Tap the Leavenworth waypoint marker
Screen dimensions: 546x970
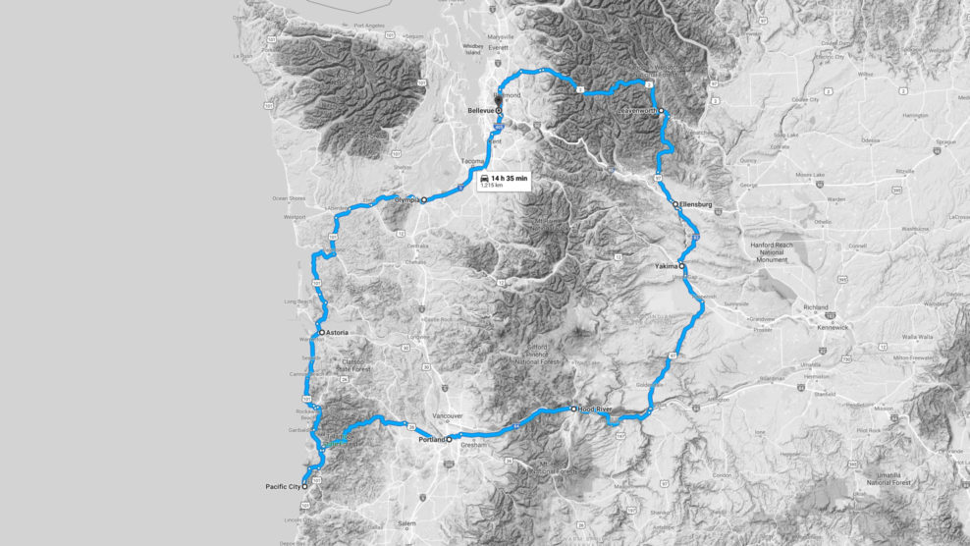pyautogui.click(x=662, y=111)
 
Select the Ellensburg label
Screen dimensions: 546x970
pyautogui.click(x=695, y=204)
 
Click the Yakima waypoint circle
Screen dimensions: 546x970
pyautogui.click(x=681, y=267)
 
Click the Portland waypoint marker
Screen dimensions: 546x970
pyautogui.click(x=449, y=440)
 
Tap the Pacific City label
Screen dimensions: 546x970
pyautogui.click(x=282, y=486)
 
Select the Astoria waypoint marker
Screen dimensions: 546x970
pyautogui.click(x=321, y=333)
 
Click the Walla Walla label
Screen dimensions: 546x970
pyautogui.click(x=918, y=336)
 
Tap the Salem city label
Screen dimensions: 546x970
pyautogui.click(x=406, y=525)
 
